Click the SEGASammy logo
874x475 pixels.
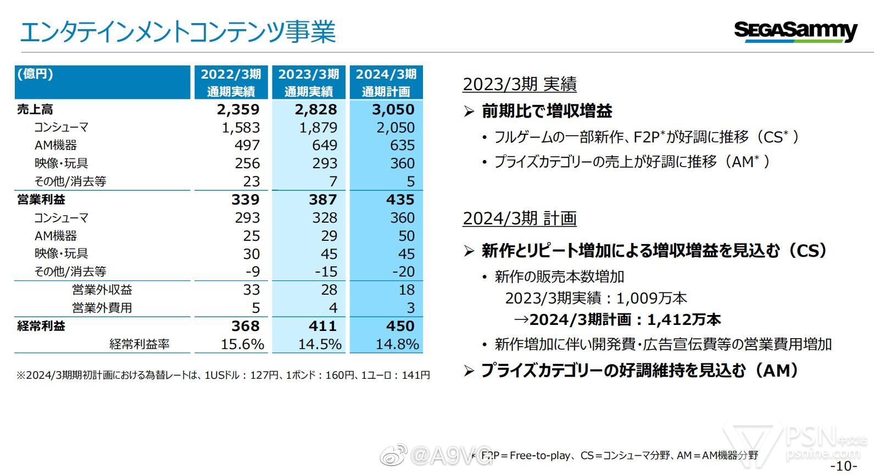pos(795,31)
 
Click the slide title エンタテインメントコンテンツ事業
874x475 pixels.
pos(177,31)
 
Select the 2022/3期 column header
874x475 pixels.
pos(231,82)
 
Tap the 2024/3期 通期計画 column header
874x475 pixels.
pos(386,82)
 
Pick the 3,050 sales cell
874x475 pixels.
pos(393,109)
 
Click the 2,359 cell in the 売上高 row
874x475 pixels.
pos(238,109)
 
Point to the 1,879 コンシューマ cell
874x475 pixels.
pos(318,128)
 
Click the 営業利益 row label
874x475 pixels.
pos(41,200)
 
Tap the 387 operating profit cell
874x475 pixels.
pos(322,200)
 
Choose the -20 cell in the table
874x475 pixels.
pos(403,272)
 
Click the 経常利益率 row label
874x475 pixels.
pos(140,344)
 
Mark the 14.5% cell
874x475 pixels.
pos(320,344)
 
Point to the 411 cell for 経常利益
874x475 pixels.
pos(322,326)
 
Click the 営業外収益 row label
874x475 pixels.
pos(102,290)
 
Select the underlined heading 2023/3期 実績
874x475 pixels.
pos(520,84)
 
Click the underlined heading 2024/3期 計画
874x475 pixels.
pos(520,218)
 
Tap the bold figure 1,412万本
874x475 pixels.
pos(684,319)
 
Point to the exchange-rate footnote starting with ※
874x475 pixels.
pos(223,375)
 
